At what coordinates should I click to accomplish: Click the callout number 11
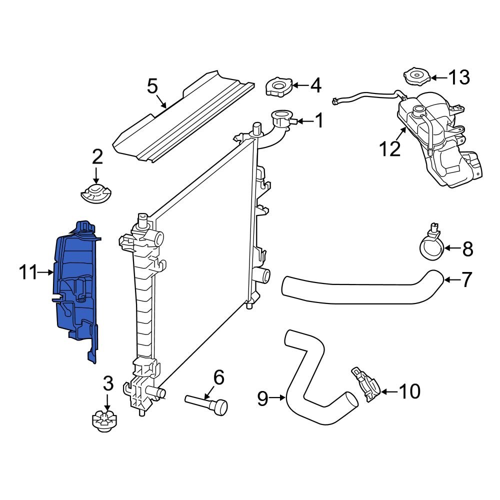[x=28, y=272]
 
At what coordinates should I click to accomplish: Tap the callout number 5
[x=152, y=86]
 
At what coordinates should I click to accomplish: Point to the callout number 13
[x=458, y=77]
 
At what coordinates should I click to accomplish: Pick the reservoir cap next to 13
[x=416, y=78]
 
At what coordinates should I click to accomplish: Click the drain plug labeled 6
[x=207, y=403]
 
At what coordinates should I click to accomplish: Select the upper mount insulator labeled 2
[x=96, y=192]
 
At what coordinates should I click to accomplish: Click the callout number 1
[x=318, y=120]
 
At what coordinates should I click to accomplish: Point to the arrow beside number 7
[x=451, y=280]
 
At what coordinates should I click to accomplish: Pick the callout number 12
[x=389, y=148]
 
